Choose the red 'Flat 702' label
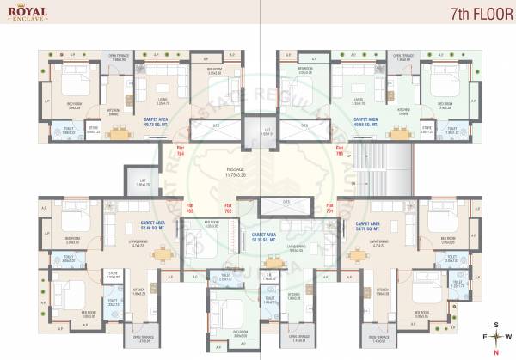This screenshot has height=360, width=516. pos(229,208)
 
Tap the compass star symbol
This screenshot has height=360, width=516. pos(496,337)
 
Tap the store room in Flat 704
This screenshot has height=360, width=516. pos(94,131)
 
